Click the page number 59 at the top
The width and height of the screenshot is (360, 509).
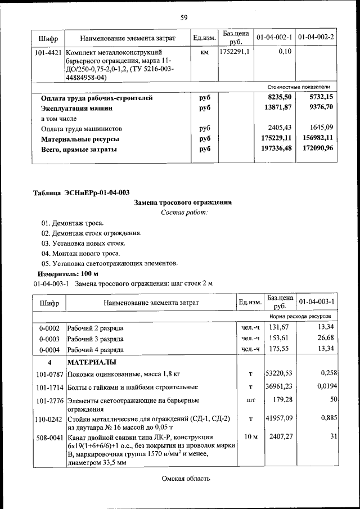click(x=183, y=17)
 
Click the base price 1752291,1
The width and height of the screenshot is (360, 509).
click(x=234, y=51)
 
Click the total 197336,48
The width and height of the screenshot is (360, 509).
click(x=274, y=148)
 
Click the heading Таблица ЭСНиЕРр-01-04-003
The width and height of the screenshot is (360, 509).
click(x=81, y=192)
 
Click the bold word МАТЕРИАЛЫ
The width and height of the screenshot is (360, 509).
click(x=92, y=361)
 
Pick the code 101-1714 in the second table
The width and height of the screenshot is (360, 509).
click(x=48, y=387)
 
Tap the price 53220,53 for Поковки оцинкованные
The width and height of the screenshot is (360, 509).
click(x=280, y=373)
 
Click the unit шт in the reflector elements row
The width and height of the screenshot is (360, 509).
click(x=250, y=401)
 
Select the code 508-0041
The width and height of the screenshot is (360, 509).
click(x=48, y=436)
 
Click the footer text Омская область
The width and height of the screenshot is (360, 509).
click(x=186, y=479)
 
